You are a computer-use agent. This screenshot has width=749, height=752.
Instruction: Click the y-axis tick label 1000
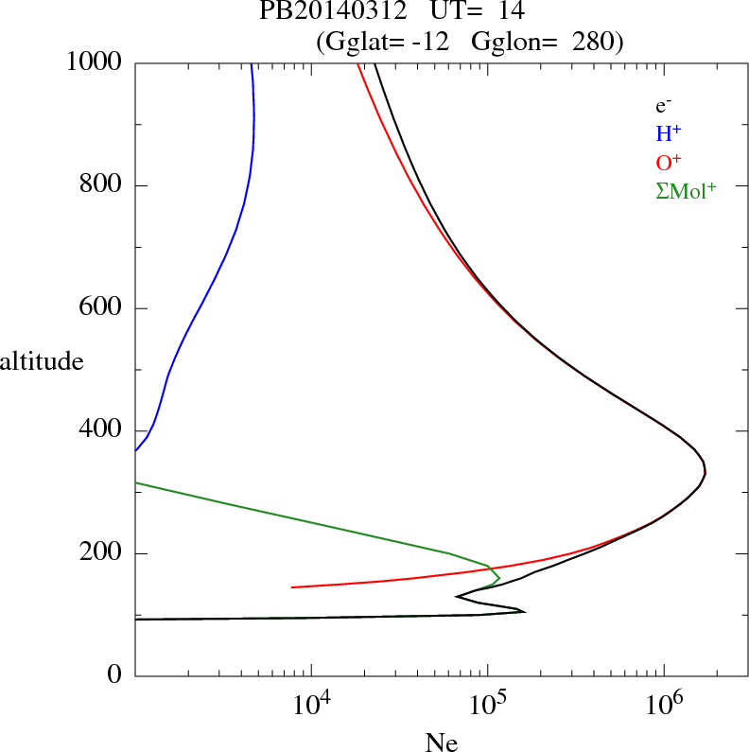[x=95, y=61]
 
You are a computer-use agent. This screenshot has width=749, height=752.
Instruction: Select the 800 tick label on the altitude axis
[x=102, y=185]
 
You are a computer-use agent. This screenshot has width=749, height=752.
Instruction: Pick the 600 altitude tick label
[x=102, y=308]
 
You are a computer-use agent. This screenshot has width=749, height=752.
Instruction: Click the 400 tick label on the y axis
[x=102, y=431]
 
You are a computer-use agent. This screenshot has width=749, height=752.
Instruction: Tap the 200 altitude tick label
[x=102, y=553]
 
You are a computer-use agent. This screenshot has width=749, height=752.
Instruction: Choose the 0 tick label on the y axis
[x=115, y=676]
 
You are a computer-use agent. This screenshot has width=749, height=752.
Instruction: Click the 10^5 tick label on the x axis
[x=488, y=705]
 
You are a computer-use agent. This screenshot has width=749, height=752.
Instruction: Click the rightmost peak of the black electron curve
[x=705, y=471]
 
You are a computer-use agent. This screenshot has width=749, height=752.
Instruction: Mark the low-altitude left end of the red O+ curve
[x=292, y=587]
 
